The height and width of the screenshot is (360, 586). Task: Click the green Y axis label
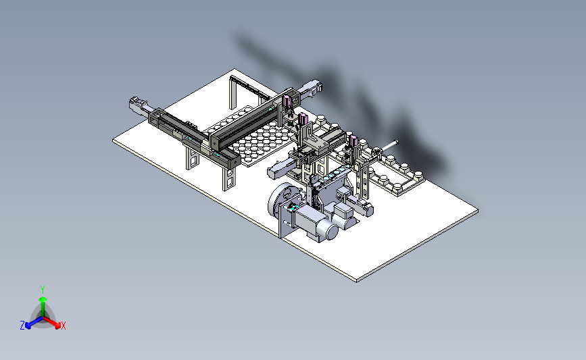click(x=42, y=290)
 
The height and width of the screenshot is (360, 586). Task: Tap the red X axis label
click(x=63, y=326)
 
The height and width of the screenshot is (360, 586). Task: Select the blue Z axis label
click(x=22, y=326)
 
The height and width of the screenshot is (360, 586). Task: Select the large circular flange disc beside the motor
click(x=281, y=200)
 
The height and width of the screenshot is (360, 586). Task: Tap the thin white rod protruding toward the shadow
click(x=389, y=145)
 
